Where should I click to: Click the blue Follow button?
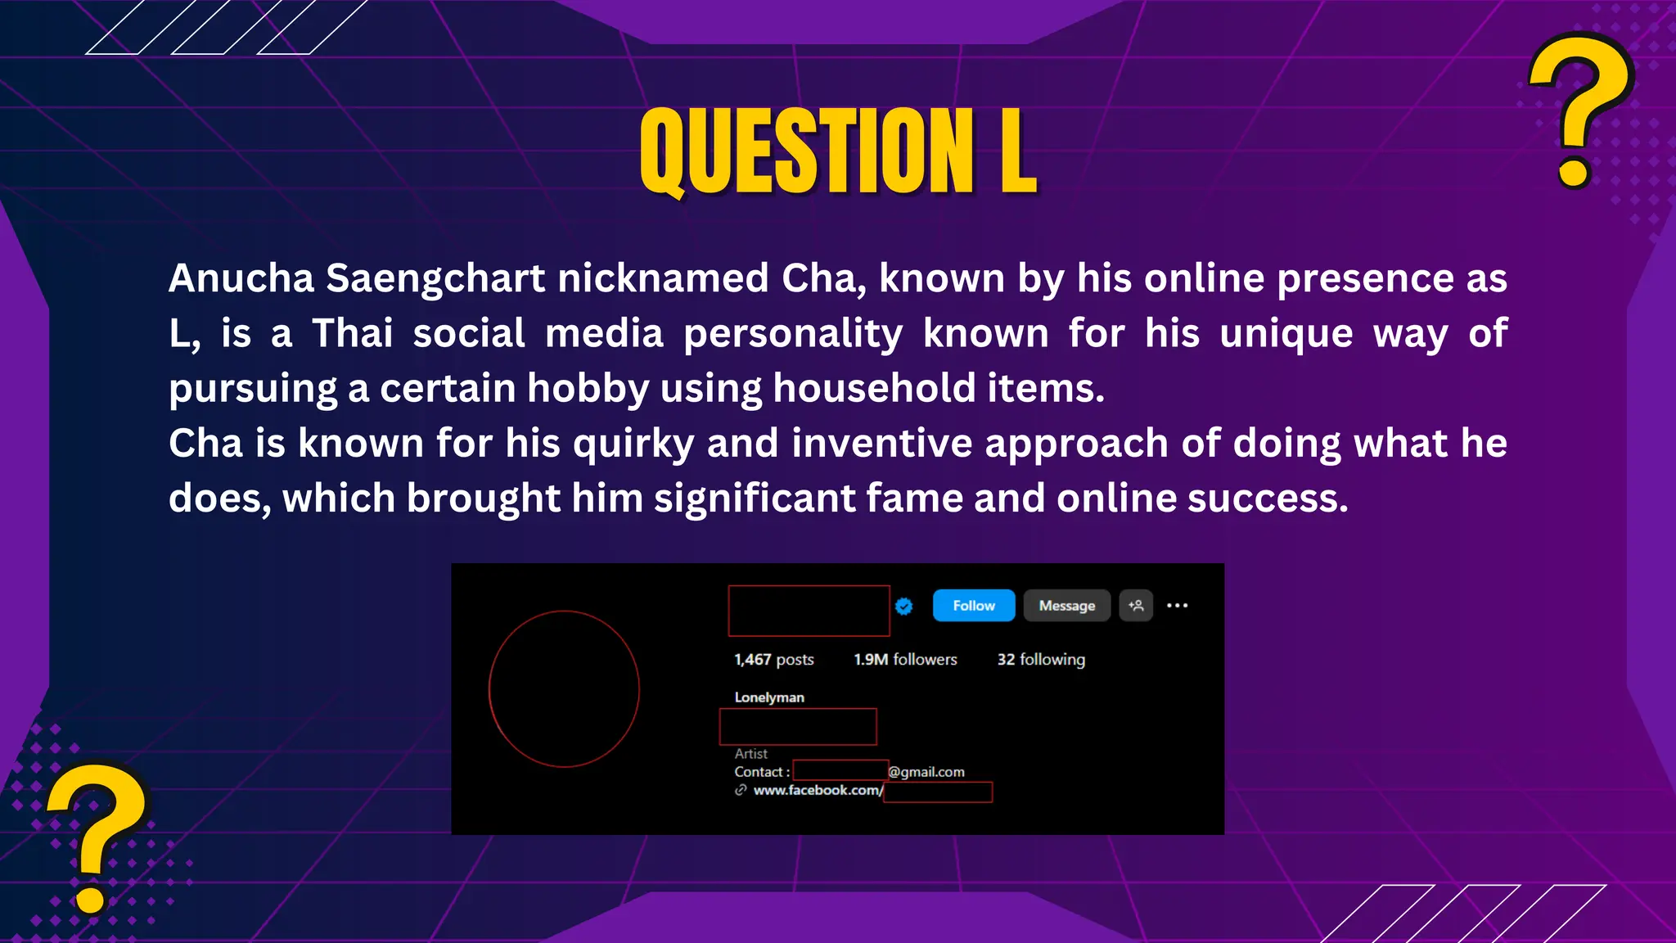pos(973,606)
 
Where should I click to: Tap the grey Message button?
pos(1066,606)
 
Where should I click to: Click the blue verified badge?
pos(903,606)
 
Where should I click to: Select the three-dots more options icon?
pos(1177,606)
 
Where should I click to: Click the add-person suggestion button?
pos(1136,606)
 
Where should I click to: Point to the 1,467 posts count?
pos(773,660)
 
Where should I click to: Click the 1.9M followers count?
pos(905,660)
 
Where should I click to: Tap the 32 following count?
pos(1040,660)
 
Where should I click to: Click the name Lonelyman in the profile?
pos(769,697)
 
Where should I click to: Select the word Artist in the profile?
pos(750,754)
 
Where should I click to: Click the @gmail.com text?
pos(926,772)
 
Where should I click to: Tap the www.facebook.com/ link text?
pos(818,791)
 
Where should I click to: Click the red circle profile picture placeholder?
pos(564,688)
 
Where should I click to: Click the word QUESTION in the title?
pos(806,153)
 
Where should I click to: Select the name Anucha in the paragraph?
pos(241,278)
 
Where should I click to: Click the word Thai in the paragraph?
pos(352,334)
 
